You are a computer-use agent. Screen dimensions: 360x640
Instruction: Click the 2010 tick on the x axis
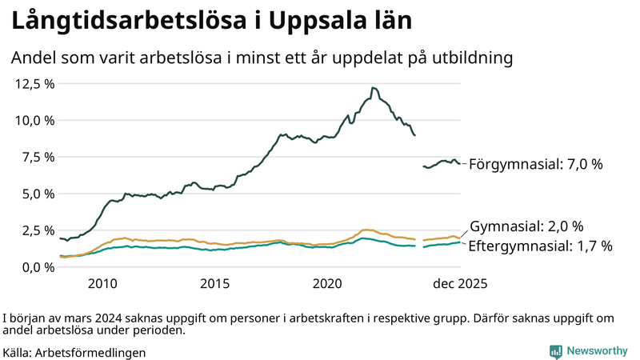click(102, 284)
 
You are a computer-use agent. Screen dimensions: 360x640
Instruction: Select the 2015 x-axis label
click(215, 284)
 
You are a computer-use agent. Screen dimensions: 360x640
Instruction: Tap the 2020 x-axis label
click(328, 284)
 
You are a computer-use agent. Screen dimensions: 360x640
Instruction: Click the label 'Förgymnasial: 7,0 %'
click(535, 164)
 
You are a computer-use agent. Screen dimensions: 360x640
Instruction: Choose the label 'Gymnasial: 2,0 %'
click(526, 226)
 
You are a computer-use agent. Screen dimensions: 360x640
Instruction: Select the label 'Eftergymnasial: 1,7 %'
click(540, 246)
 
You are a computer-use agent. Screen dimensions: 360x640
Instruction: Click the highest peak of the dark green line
click(373, 88)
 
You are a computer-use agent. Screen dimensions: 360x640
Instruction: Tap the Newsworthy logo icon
click(555, 351)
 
